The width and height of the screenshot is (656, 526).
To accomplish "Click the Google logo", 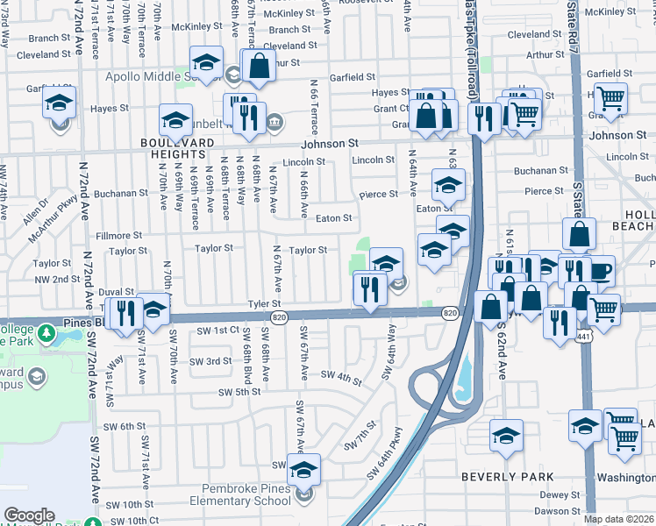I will pos(30,515).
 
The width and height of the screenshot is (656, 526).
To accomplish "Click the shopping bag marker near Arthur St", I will pos(260,66).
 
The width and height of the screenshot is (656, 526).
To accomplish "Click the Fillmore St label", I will pos(118,236).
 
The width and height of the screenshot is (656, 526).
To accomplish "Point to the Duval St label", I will pos(117,291).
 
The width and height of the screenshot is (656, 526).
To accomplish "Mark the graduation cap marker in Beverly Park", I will pos(507,436).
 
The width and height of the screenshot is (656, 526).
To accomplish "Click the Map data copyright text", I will pos(619,519).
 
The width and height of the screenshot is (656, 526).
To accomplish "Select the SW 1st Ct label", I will pos(217,331).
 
